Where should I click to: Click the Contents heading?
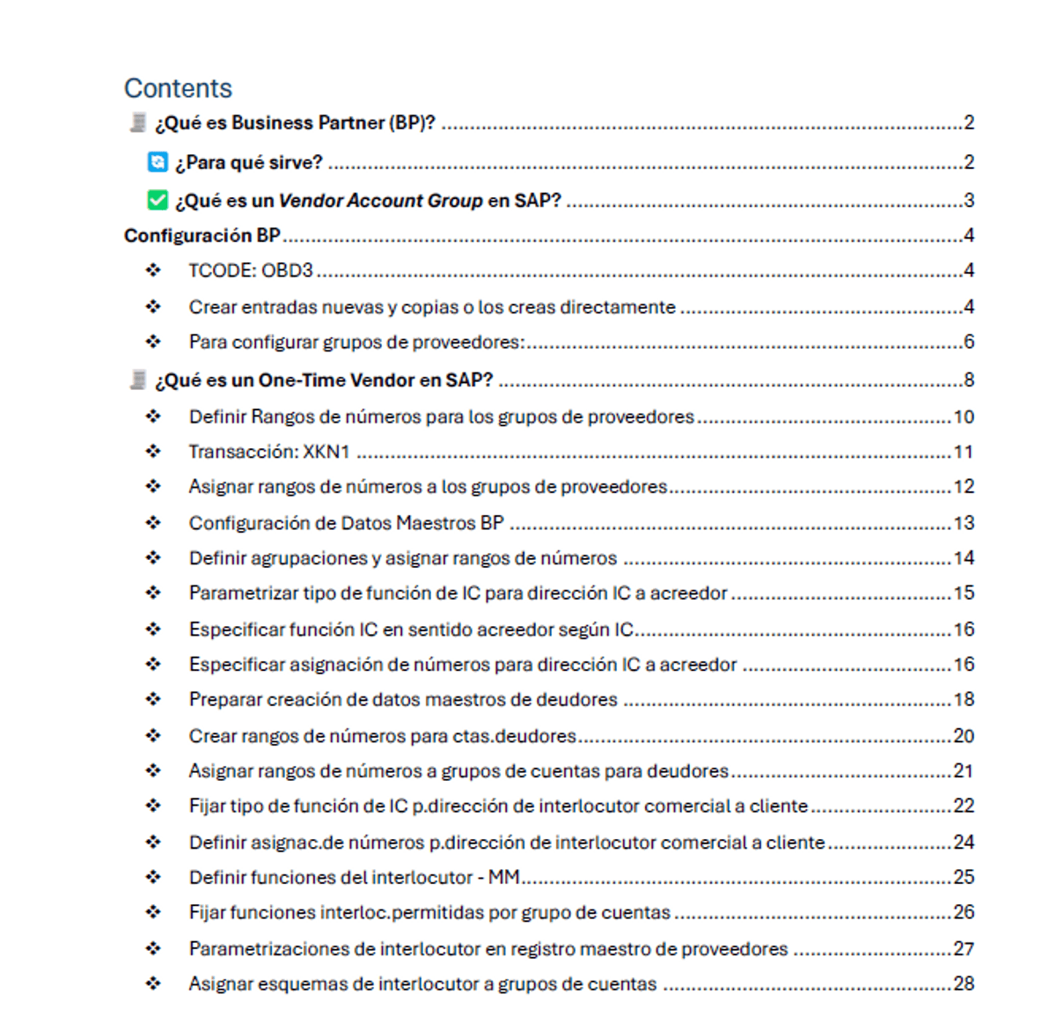point(178,88)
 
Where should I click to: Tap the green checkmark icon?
point(158,201)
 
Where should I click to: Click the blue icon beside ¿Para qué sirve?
point(158,162)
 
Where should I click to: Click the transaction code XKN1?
point(326,452)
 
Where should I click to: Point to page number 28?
point(964,983)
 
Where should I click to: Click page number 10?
point(964,416)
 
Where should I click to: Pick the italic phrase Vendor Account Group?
point(380,201)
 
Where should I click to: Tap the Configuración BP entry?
point(202,235)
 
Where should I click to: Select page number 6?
point(969,342)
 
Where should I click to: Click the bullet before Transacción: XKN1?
point(153,452)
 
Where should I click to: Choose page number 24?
point(964,842)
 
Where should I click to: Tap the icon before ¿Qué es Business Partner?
point(137,122)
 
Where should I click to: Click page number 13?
point(964,523)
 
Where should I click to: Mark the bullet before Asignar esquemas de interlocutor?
point(153,983)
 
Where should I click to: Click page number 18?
point(964,699)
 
